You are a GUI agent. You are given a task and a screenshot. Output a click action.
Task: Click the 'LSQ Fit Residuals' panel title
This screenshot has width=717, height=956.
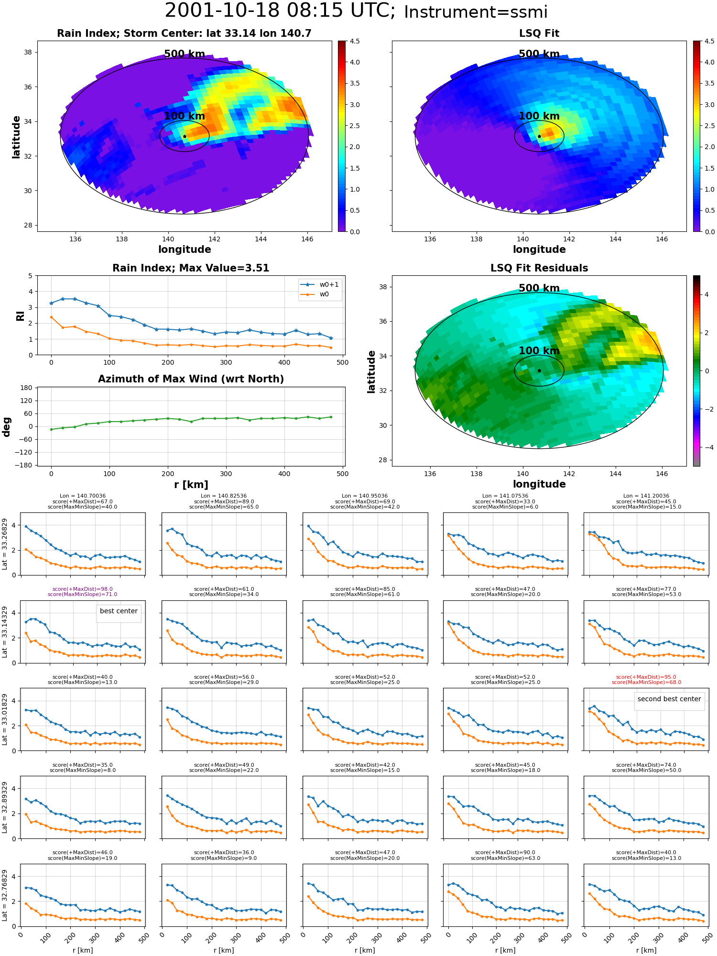click(x=539, y=268)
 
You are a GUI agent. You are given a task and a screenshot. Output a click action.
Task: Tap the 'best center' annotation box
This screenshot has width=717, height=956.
click(x=119, y=611)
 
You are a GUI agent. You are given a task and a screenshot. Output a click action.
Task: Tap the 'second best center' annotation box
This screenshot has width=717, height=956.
click(x=669, y=699)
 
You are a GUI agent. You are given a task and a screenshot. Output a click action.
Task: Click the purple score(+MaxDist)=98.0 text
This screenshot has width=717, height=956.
click(x=82, y=589)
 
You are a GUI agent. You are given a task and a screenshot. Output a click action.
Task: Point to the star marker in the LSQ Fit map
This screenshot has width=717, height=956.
click(x=539, y=137)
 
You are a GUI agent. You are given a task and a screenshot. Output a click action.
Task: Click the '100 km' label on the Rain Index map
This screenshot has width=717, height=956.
click(x=185, y=116)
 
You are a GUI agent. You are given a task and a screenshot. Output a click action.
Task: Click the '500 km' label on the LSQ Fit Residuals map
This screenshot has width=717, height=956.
click(x=539, y=288)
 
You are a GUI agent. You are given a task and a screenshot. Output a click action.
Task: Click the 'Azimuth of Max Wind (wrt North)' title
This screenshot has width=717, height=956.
click(x=191, y=379)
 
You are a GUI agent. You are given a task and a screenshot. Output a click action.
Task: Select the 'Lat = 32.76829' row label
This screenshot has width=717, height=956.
click(x=5, y=895)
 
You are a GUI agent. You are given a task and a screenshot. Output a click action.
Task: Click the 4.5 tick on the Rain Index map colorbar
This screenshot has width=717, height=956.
click(x=355, y=41)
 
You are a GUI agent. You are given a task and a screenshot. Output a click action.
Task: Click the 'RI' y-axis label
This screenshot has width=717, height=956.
click(x=21, y=315)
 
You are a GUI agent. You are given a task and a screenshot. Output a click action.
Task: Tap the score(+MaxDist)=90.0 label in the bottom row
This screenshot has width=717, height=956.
click(x=505, y=853)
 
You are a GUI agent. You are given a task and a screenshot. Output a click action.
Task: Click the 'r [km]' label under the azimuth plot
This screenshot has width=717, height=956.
click(x=191, y=485)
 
